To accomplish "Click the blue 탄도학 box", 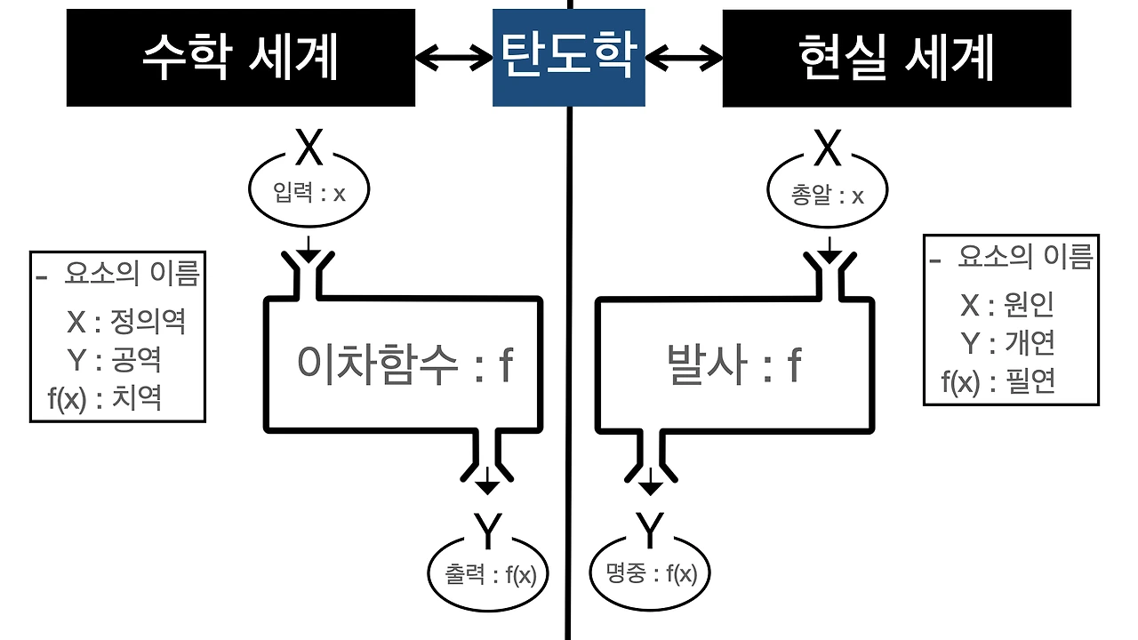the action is pyautogui.click(x=569, y=58).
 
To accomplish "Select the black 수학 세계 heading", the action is pyautogui.click(x=241, y=58).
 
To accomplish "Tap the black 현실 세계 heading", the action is pyautogui.click(x=896, y=58).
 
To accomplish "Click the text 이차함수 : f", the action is pyautogui.click(x=405, y=364).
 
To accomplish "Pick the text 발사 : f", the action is pyautogui.click(x=733, y=364).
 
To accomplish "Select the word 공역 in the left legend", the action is pyautogui.click(x=137, y=359).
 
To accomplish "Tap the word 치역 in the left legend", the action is pyautogui.click(x=137, y=397).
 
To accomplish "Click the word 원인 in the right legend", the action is pyautogui.click(x=1029, y=305).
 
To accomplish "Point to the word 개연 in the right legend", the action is pyautogui.click(x=1030, y=343).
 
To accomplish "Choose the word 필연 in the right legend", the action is pyautogui.click(x=1030, y=382).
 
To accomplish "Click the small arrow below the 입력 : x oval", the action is pyautogui.click(x=308, y=250).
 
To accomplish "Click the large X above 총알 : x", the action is pyautogui.click(x=828, y=149).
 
